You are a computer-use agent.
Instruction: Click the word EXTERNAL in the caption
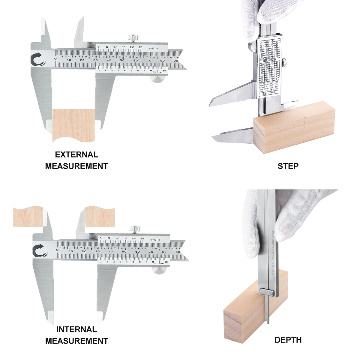76,154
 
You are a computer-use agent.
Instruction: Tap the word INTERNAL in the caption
76,329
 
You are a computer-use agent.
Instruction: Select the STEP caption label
288,166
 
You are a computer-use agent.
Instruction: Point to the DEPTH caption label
288,340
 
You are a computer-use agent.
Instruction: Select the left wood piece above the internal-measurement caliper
28,216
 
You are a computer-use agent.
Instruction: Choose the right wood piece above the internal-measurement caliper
100,216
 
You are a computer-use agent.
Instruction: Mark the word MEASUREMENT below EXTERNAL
76,166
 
